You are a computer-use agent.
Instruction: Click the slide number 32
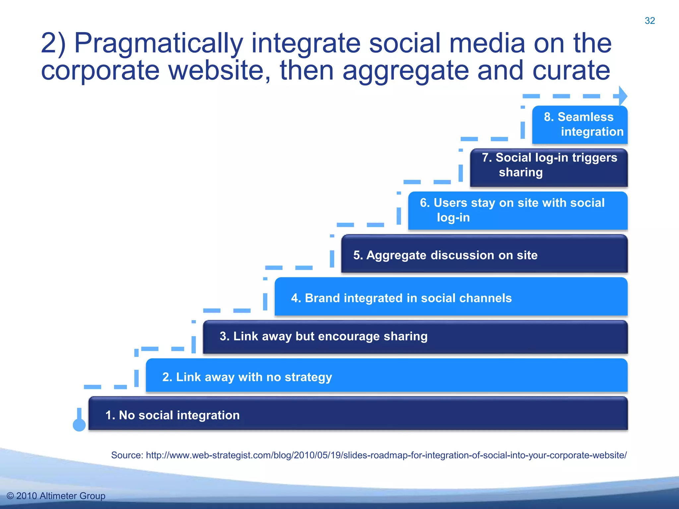649,21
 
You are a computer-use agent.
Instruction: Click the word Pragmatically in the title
158,43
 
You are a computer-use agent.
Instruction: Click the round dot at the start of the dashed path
79,425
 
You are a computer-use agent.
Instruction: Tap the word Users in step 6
450,203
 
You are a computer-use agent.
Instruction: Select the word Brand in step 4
322,298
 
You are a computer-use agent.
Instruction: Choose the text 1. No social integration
172,415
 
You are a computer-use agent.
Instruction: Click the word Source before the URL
127,455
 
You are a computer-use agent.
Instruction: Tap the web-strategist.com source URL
386,455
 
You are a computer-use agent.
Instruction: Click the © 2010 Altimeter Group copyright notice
56,496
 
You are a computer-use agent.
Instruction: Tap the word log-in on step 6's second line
453,218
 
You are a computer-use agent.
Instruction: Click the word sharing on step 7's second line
521,173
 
